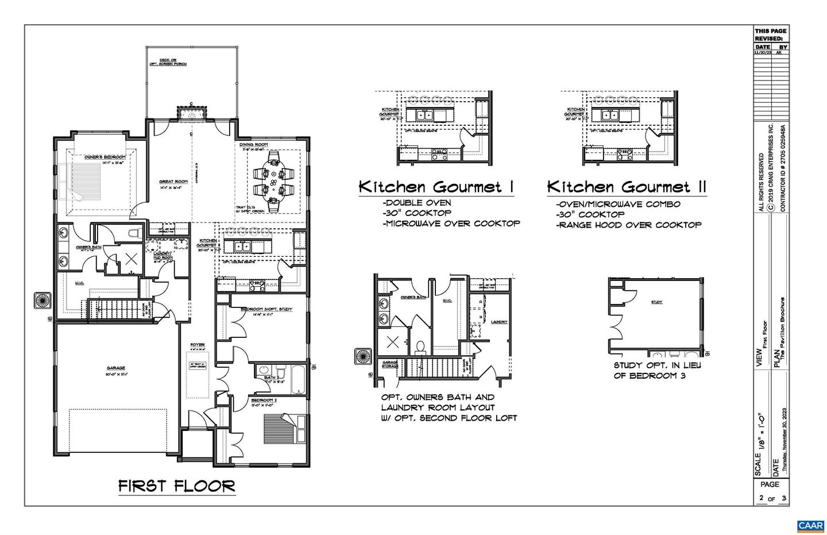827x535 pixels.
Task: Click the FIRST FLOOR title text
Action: tap(177, 486)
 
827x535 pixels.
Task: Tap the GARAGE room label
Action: tap(115, 368)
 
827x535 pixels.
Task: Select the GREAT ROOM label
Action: tap(173, 182)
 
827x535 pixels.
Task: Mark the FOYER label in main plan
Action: tap(198, 345)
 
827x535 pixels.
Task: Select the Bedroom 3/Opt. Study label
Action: tap(266, 309)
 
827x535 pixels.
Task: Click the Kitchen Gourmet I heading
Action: tap(436, 187)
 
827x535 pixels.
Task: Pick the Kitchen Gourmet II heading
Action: tap(626, 187)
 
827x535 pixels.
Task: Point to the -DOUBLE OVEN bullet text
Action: tap(416, 203)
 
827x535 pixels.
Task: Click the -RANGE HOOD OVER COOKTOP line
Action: tap(628, 225)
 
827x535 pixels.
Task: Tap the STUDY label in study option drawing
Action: tap(656, 302)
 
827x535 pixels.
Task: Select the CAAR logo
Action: tap(810, 526)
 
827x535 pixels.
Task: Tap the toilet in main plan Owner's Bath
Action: tap(136, 233)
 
